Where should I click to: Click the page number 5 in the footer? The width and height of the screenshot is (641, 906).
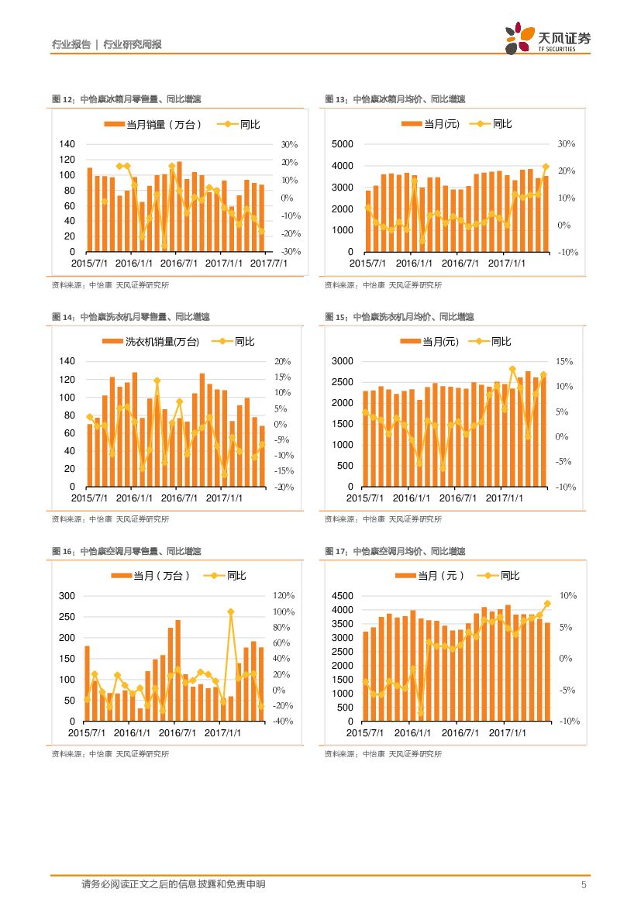pos(584,885)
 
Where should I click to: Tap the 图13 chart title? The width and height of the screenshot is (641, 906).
pos(395,99)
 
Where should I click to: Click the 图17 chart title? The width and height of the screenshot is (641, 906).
pos(395,551)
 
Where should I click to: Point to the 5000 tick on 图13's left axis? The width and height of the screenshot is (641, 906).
pos(342,144)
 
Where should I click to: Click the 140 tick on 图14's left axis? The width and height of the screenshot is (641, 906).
pos(67,362)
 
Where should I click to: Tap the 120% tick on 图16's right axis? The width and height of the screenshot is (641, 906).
pos(284,596)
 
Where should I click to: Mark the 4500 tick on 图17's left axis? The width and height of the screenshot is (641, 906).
pos(342,596)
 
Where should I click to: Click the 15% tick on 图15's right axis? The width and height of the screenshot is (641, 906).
pos(565,362)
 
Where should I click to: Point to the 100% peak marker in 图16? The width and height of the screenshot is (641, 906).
pos(230,612)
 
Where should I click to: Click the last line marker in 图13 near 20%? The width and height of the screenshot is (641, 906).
pos(546,167)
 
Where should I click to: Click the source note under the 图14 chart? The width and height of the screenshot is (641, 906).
pos(110,519)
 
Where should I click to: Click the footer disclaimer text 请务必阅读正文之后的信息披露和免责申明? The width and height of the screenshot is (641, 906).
pos(173,884)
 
